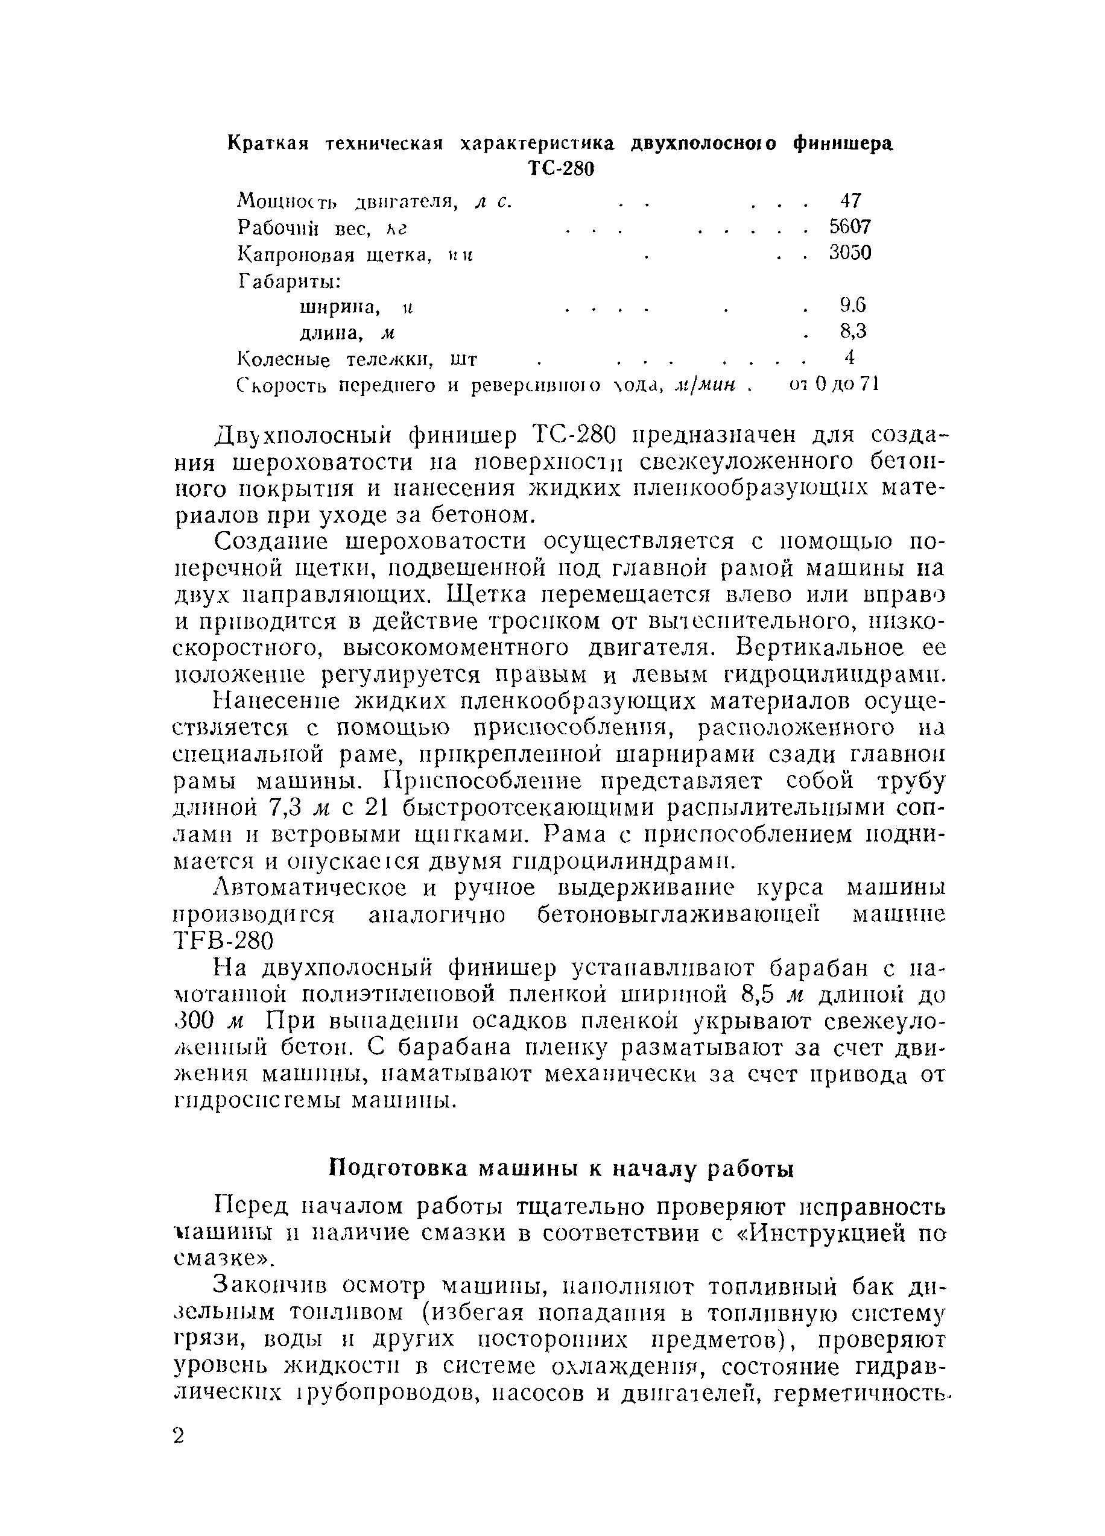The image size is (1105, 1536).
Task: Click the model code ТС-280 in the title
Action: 560,169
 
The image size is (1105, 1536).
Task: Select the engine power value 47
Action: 850,201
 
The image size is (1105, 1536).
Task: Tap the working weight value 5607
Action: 850,226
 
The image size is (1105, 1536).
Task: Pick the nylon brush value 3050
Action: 850,253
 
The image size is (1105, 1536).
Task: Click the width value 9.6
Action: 852,306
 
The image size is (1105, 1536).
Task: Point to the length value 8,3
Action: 853,331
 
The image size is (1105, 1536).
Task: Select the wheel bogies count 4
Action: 850,357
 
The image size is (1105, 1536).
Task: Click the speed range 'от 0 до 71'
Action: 834,384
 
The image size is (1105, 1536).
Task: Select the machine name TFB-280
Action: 224,940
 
